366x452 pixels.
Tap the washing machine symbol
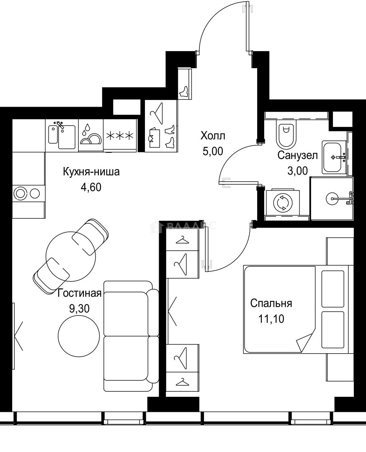click(x=281, y=203)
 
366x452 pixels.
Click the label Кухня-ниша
click(x=91, y=172)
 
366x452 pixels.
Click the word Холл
click(x=213, y=136)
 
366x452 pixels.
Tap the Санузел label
click(x=297, y=156)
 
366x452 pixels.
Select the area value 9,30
click(x=80, y=309)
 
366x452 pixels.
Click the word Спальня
click(x=271, y=303)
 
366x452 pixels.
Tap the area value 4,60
click(x=91, y=187)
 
